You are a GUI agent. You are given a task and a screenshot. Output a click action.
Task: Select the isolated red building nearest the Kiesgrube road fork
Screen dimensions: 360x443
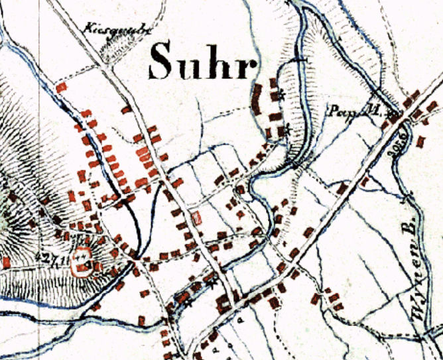click(63, 86)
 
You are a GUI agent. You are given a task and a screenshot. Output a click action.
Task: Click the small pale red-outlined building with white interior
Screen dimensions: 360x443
click(196, 217)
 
